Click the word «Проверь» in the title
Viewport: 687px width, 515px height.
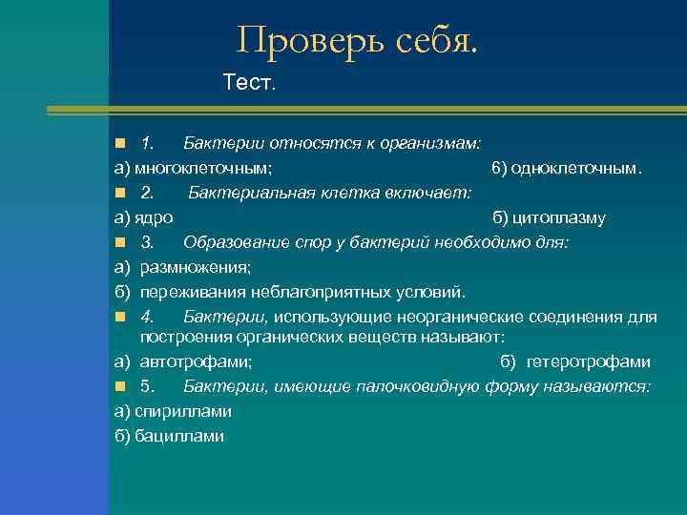tap(304, 40)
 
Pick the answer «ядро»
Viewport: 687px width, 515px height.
tap(154, 217)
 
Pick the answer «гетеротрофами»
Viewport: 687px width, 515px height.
tap(587, 362)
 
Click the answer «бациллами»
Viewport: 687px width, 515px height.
tap(179, 436)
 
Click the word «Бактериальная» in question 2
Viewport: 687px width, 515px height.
tap(242, 194)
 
